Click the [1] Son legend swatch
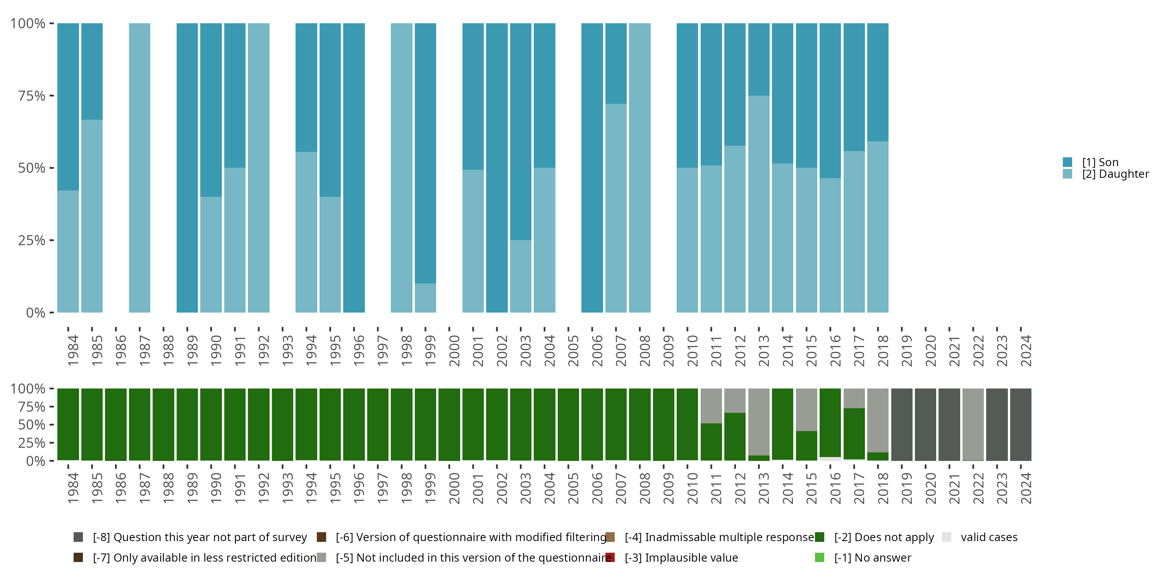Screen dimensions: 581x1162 click(1067, 162)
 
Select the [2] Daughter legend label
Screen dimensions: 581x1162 click(1115, 174)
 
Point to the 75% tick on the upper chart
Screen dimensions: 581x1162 click(32, 96)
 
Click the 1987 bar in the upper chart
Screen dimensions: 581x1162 click(139, 168)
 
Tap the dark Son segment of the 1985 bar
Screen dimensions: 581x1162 click(92, 71)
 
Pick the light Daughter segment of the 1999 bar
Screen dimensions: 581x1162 click(425, 298)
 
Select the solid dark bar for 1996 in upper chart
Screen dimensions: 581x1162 click(354, 168)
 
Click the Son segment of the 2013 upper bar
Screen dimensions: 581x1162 click(759, 59)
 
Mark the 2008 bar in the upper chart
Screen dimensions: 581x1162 click(639, 168)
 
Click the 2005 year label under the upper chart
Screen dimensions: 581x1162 click(573, 351)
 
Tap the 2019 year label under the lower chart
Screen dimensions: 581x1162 click(907, 488)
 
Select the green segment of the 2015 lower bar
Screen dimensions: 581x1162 click(806, 446)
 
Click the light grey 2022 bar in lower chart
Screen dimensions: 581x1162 click(973, 424)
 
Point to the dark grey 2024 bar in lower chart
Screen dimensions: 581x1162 click(1020, 424)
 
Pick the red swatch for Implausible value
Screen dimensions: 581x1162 click(610, 557)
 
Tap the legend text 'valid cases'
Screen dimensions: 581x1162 click(989, 537)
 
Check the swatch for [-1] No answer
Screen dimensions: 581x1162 click(820, 557)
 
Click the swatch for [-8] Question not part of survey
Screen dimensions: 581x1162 click(78, 537)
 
